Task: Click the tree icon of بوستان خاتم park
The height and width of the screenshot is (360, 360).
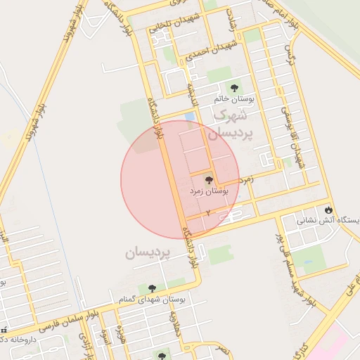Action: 234,85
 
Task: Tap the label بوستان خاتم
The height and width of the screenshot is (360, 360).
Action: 233,99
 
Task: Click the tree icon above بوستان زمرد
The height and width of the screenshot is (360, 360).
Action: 210,178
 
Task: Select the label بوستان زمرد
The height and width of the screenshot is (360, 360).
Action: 210,191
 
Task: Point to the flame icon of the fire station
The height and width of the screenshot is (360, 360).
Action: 328,209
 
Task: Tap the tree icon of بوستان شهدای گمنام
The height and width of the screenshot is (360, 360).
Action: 151,288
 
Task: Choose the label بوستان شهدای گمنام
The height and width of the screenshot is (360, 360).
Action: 157,300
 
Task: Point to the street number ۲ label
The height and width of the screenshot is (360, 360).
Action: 208,212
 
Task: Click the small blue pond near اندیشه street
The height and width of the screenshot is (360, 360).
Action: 189,117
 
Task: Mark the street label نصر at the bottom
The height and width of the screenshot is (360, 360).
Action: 222,348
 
